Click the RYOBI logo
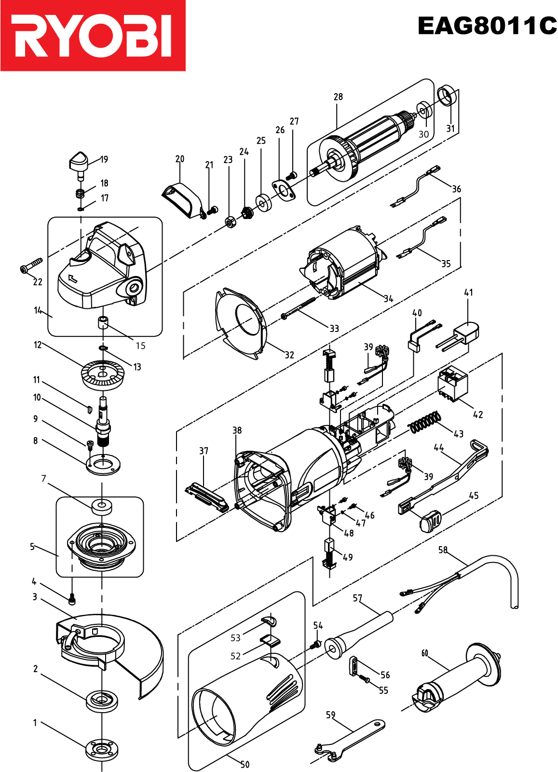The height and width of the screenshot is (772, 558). [93, 36]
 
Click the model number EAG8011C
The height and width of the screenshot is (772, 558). [487, 26]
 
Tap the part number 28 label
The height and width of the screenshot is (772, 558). [338, 97]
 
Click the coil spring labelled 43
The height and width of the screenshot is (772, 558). [425, 422]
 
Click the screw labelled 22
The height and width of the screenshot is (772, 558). [31, 265]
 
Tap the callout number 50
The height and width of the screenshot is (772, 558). [245, 764]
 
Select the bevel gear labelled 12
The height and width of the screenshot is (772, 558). [102, 375]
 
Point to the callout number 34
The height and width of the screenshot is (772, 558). [389, 299]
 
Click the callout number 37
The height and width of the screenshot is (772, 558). [204, 451]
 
